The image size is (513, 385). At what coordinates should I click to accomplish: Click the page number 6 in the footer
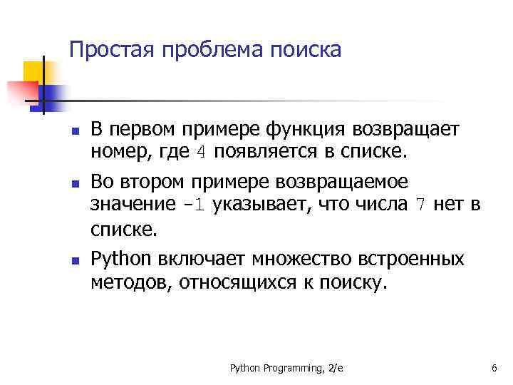pos(494,368)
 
